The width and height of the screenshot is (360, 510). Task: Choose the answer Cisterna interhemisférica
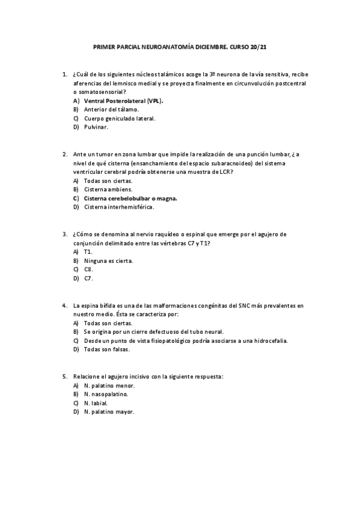click(x=119, y=207)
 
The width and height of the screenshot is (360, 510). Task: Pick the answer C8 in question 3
click(x=88, y=269)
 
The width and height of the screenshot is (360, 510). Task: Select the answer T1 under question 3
click(x=88, y=251)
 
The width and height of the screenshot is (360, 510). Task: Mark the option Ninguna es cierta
click(x=108, y=260)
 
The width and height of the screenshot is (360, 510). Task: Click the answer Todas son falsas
click(x=107, y=349)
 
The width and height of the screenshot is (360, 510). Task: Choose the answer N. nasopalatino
click(x=106, y=394)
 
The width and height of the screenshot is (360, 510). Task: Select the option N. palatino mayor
click(x=109, y=412)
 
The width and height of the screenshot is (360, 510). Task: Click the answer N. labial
click(x=96, y=403)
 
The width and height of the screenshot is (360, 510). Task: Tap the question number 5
click(x=64, y=376)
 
